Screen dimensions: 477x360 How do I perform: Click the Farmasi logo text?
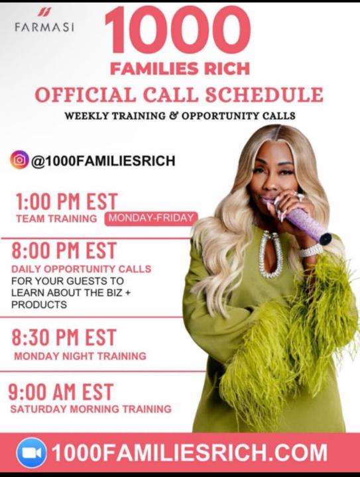tap(44, 28)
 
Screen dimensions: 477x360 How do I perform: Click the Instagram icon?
tap(19, 160)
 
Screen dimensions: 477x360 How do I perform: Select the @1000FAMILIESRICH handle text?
tap(103, 160)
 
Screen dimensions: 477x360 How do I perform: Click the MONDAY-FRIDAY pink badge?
tap(150, 218)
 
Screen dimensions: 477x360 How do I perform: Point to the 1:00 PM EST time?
tap(65, 201)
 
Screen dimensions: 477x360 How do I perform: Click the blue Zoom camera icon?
tap(31, 453)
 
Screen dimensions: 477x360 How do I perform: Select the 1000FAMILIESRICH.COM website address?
tap(189, 453)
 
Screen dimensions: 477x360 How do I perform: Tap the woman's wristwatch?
tap(310, 250)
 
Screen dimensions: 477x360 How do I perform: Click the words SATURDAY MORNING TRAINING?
tap(91, 409)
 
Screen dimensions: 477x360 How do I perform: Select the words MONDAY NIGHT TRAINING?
tap(80, 356)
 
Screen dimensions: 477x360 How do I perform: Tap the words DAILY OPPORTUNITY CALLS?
tap(81, 269)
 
